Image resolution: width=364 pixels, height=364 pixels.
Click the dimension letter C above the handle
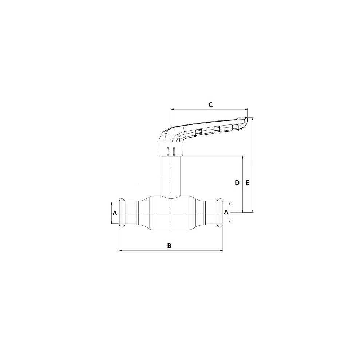point(210,105)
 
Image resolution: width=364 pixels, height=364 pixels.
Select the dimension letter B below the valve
point(169,245)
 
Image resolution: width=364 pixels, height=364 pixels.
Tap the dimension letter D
point(237,183)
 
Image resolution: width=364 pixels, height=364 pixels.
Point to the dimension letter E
point(248,183)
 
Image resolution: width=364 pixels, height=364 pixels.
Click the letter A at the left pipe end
point(115,213)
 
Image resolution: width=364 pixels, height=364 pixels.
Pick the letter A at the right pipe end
point(226,212)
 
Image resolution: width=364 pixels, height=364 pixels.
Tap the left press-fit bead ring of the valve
point(122,213)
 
